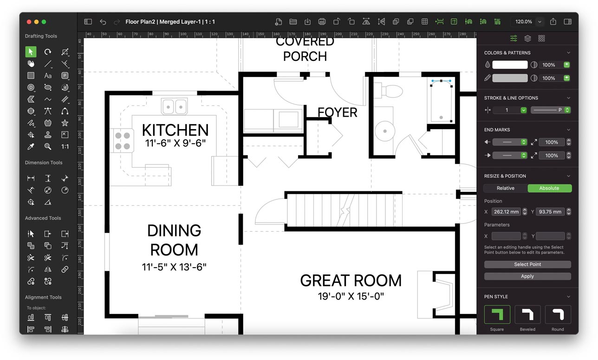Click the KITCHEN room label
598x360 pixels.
pyautogui.click(x=175, y=130)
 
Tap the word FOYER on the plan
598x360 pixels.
pyautogui.click(x=338, y=112)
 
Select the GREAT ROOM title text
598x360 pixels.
pyautogui.click(x=351, y=281)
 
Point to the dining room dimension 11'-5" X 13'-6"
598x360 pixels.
pyautogui.click(x=174, y=267)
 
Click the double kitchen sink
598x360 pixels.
pyautogui.click(x=174, y=106)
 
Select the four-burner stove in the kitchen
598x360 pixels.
pyautogui.click(x=122, y=141)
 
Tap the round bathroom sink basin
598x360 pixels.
pyautogui.click(x=385, y=131)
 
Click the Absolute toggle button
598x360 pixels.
pyautogui.click(x=549, y=188)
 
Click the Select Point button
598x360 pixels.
pyautogui.click(x=527, y=264)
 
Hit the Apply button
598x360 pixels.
pyautogui.click(x=527, y=276)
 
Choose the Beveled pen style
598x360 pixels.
pyautogui.click(x=527, y=314)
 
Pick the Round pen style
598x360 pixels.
pyautogui.click(x=558, y=314)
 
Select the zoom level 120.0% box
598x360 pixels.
pyautogui.click(x=524, y=22)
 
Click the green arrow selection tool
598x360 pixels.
pyautogui.click(x=31, y=52)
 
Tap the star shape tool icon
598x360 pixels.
pyautogui.click(x=65, y=123)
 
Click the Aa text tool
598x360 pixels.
pyautogui.click(x=48, y=75)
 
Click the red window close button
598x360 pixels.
pyautogui.click(x=29, y=22)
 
